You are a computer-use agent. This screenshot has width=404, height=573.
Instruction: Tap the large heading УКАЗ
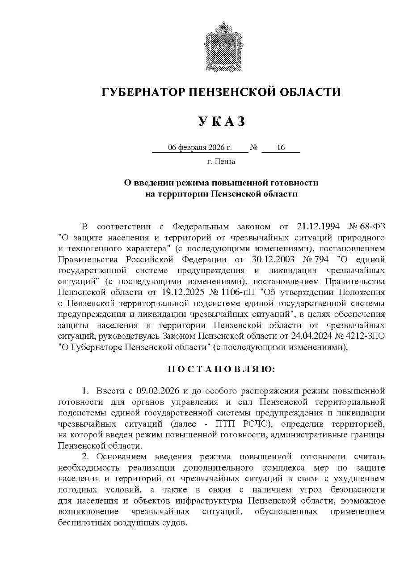click(x=222, y=121)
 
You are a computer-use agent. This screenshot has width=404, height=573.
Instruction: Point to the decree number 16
click(x=281, y=148)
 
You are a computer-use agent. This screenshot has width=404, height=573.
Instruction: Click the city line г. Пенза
click(x=221, y=162)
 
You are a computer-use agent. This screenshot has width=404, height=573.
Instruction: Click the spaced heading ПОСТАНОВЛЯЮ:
click(x=222, y=369)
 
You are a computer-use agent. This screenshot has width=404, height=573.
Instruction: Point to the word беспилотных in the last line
click(x=83, y=523)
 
